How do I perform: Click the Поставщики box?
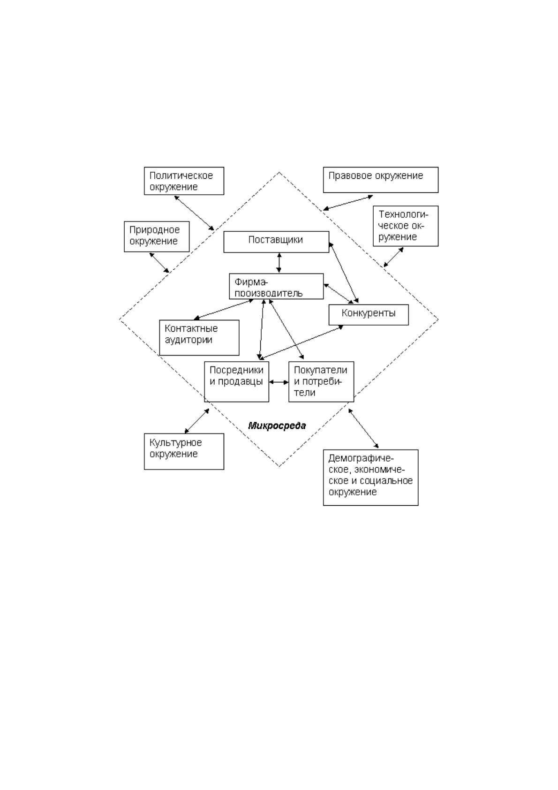(x=276, y=242)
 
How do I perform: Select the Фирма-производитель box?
(x=276, y=286)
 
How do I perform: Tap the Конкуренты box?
(x=369, y=315)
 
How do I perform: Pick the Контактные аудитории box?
(x=199, y=337)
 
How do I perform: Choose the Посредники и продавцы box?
(x=236, y=381)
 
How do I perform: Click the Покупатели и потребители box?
(x=321, y=381)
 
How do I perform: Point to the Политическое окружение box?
(x=184, y=181)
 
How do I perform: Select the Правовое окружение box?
(x=381, y=180)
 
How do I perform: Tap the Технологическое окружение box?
(x=405, y=226)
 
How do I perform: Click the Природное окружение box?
(x=157, y=236)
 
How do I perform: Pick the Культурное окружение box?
(x=184, y=451)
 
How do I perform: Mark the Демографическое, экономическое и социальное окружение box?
(x=371, y=478)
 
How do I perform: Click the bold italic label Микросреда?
(x=277, y=425)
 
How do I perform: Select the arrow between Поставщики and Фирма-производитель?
(x=279, y=263)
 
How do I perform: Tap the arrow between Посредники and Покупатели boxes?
(x=279, y=382)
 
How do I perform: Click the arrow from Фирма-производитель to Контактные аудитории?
(x=224, y=310)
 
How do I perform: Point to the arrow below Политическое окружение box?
(x=194, y=213)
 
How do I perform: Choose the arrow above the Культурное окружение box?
(x=197, y=421)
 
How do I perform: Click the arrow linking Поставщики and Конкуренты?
(x=344, y=272)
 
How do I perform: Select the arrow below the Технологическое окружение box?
(x=394, y=257)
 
